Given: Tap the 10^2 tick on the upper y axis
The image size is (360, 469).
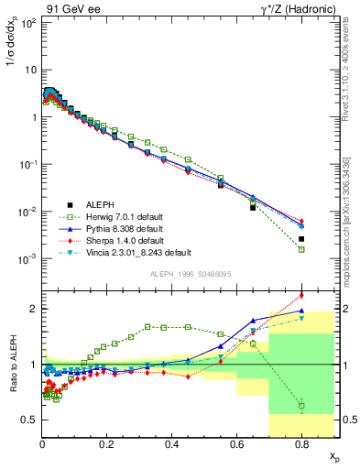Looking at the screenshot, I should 29,22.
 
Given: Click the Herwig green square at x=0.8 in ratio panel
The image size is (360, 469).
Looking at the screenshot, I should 301,406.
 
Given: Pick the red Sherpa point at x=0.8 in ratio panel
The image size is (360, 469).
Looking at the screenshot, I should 301,295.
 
